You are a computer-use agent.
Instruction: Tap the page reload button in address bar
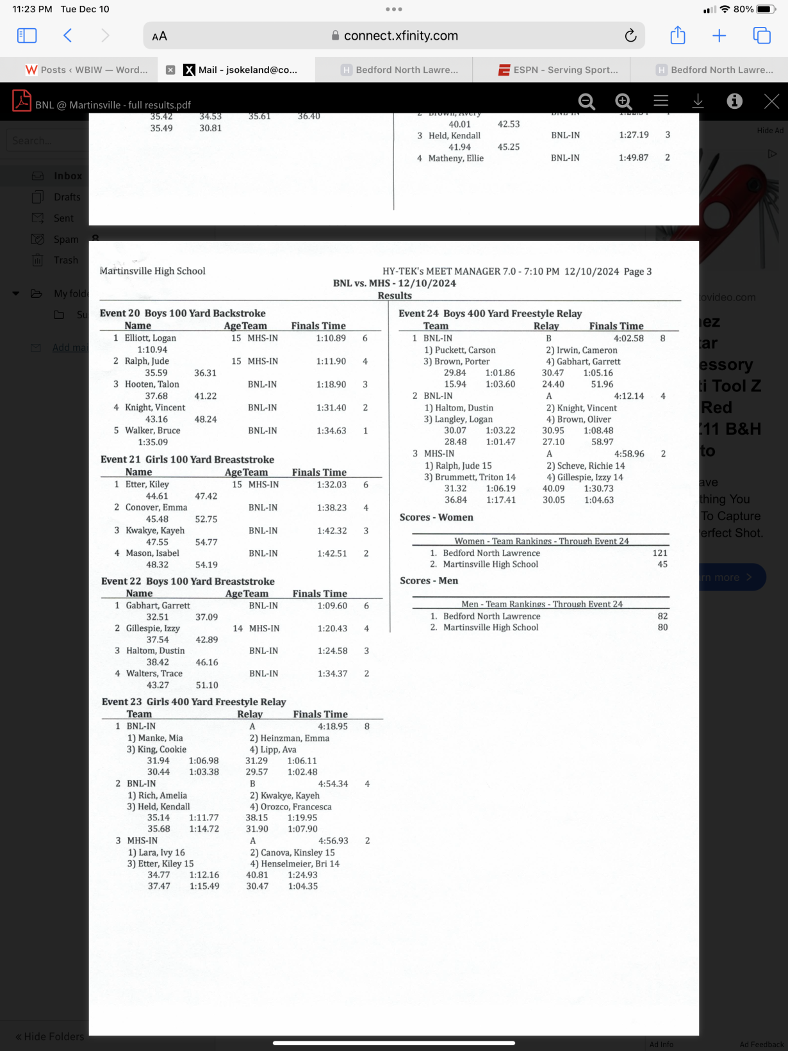pyautogui.click(x=630, y=36)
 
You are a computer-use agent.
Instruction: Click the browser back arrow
pyautogui.click(x=68, y=36)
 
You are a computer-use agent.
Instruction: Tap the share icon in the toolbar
pyautogui.click(x=677, y=36)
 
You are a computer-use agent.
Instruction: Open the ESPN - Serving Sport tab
pyautogui.click(x=558, y=70)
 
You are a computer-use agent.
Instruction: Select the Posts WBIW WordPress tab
pyautogui.click(x=86, y=70)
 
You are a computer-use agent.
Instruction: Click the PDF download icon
pyautogui.click(x=698, y=101)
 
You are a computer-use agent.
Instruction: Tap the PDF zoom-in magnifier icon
pyautogui.click(x=623, y=101)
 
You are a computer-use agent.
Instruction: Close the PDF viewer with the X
pyautogui.click(x=771, y=101)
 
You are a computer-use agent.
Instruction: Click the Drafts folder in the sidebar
pyautogui.click(x=67, y=197)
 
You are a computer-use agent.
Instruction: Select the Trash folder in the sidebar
pyautogui.click(x=65, y=260)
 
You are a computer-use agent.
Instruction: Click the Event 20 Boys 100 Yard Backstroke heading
pyautogui.click(x=183, y=313)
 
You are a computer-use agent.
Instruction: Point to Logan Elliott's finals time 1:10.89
pyautogui.click(x=331, y=338)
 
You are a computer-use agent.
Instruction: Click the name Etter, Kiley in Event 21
pyautogui.click(x=147, y=484)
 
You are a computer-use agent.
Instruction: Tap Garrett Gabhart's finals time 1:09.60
pyautogui.click(x=332, y=605)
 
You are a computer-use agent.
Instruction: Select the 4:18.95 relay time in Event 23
pyautogui.click(x=333, y=726)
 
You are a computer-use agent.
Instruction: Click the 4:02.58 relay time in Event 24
pyautogui.click(x=628, y=338)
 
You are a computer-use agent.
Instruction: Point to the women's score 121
pyautogui.click(x=660, y=553)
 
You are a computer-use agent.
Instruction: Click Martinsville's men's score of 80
pyautogui.click(x=662, y=628)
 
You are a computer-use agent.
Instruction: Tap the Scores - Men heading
pyautogui.click(x=429, y=581)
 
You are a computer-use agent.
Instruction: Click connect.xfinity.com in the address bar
pyautogui.click(x=400, y=36)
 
